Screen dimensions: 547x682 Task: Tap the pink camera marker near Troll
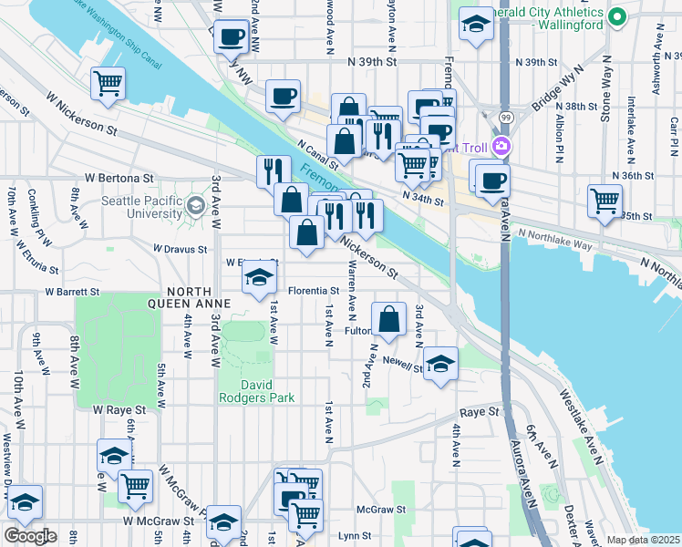(501, 146)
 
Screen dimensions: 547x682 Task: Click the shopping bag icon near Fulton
(389, 320)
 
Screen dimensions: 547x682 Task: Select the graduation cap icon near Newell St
(441, 364)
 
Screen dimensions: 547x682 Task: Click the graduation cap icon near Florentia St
(260, 280)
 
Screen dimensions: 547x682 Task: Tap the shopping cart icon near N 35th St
(605, 201)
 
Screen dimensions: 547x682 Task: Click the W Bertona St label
(120, 178)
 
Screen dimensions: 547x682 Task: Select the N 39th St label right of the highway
(535, 62)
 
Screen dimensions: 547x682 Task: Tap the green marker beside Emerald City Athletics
(617, 15)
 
